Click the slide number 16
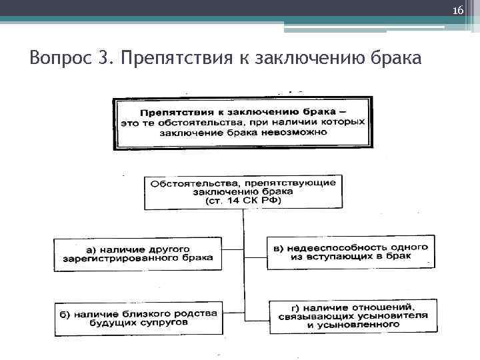[457, 11]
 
